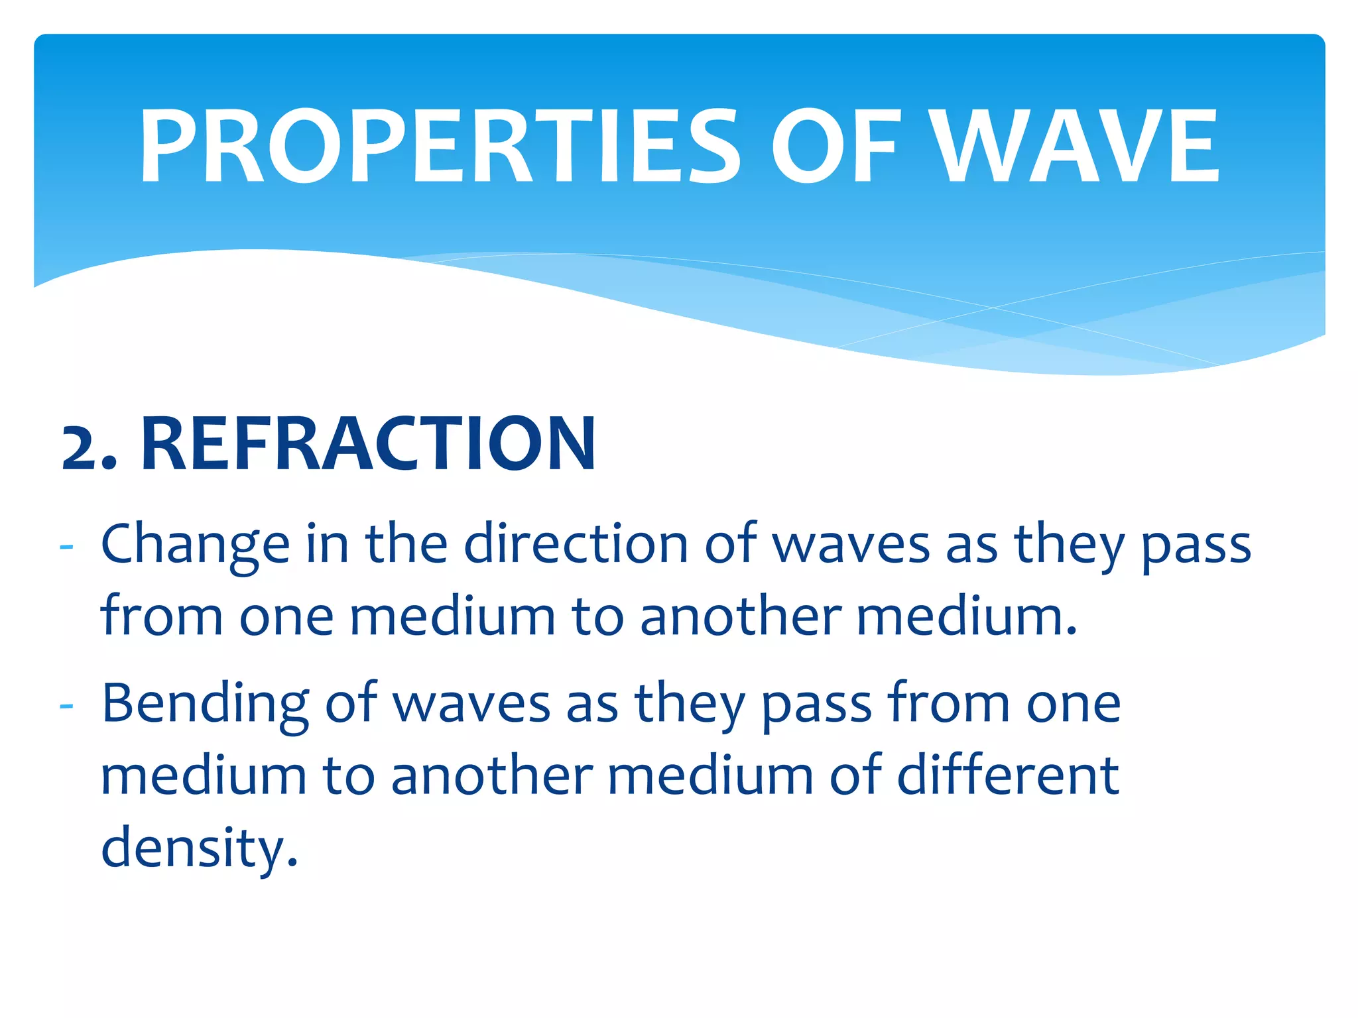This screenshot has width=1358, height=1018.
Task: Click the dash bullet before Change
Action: tap(66, 547)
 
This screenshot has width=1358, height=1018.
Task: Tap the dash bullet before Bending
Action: tap(66, 707)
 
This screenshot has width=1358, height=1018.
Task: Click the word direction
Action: tap(576, 543)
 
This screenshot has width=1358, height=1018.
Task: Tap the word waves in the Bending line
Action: tap(472, 704)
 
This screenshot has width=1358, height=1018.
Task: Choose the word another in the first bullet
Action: tap(741, 616)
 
